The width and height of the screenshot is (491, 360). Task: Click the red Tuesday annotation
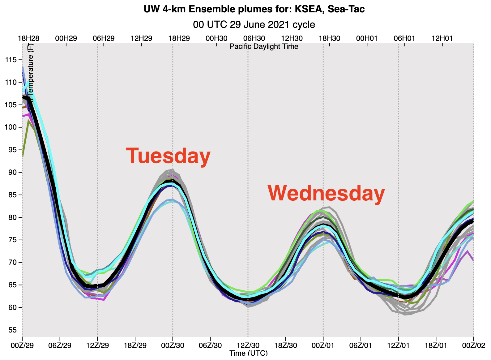pyautogui.click(x=168, y=156)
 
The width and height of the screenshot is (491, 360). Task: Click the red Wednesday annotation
pyautogui.click(x=326, y=193)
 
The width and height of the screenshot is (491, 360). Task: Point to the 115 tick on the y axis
pyautogui.click(x=11, y=60)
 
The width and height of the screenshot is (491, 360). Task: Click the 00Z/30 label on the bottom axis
pyautogui.click(x=173, y=345)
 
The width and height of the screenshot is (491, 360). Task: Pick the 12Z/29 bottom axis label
pyautogui.click(x=97, y=345)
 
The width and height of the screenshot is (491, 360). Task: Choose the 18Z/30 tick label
pyautogui.click(x=285, y=345)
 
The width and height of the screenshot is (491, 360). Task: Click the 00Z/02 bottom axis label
pyautogui.click(x=473, y=345)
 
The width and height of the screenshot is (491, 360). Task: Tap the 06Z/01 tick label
pyautogui.click(x=361, y=345)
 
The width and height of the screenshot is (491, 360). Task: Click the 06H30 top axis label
pyautogui.click(x=254, y=38)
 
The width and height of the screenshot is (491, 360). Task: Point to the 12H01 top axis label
pyautogui.click(x=442, y=38)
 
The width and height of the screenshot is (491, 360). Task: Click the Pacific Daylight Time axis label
pyautogui.click(x=264, y=46)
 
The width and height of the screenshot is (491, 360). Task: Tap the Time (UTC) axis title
pyautogui.click(x=249, y=353)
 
